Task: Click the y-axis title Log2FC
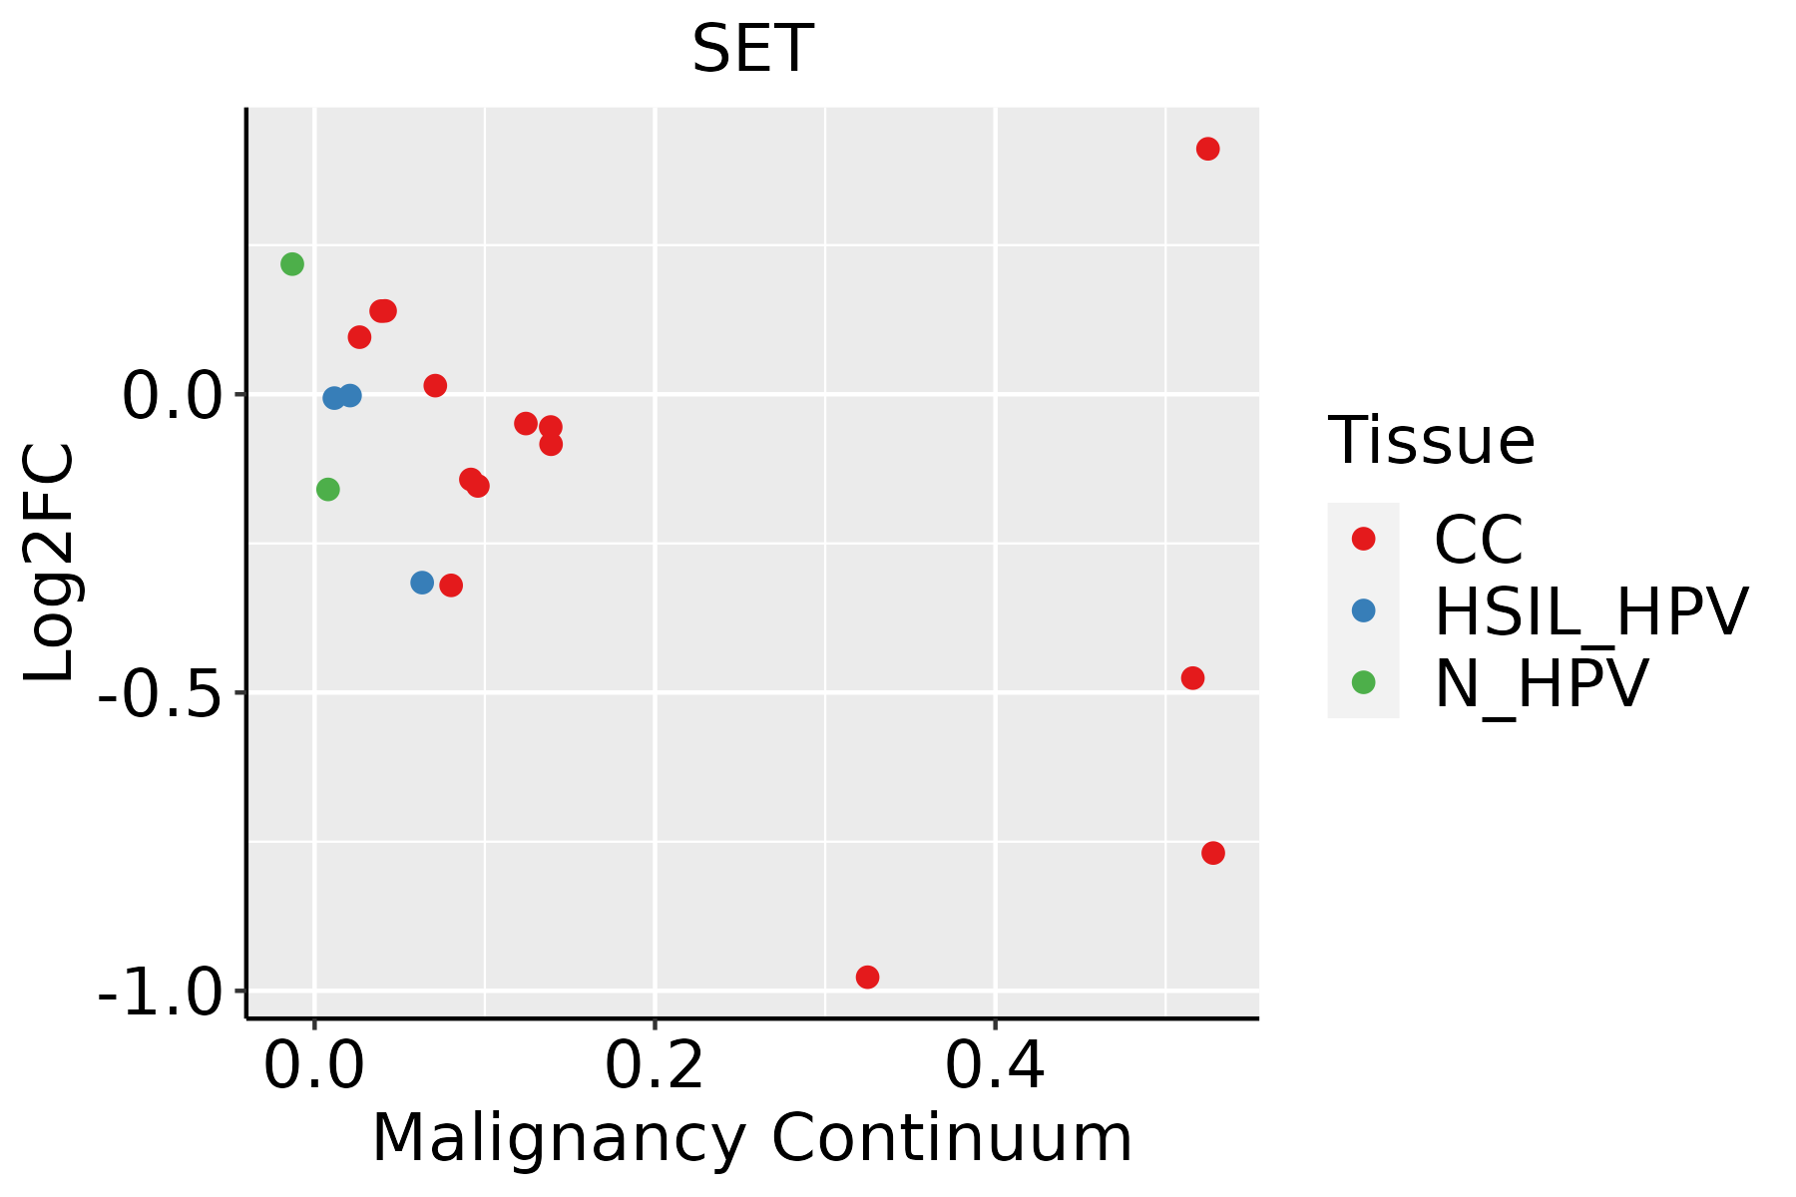click(50, 563)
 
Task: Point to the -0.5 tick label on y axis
click(160, 692)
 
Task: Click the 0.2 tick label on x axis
click(655, 1066)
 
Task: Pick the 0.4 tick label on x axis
click(995, 1066)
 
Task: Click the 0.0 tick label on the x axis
click(314, 1066)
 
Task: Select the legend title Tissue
click(1431, 440)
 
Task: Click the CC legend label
click(1479, 540)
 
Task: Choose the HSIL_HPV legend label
click(1590, 611)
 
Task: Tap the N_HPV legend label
click(1541, 683)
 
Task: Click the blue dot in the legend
click(1363, 610)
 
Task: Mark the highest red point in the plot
click(1207, 149)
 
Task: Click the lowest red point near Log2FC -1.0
click(867, 977)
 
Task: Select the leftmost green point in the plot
click(292, 264)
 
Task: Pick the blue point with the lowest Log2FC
click(422, 583)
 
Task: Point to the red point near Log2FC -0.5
click(1192, 678)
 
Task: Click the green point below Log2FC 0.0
click(327, 489)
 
